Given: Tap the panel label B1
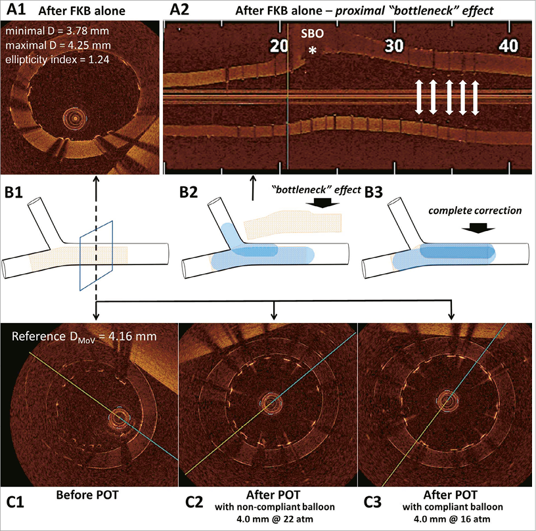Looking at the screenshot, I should coord(16,194).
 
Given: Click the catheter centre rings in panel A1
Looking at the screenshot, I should coord(74,119).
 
